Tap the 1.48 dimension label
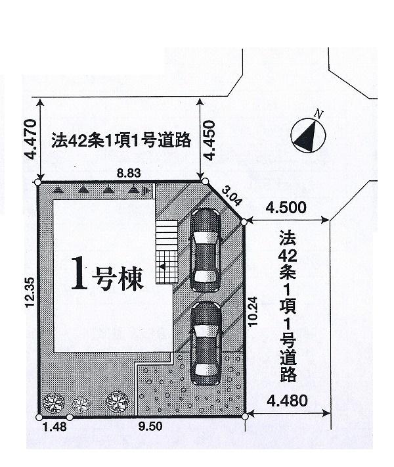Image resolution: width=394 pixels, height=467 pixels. [x=52, y=428]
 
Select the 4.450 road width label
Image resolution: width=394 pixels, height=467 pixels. [x=209, y=139]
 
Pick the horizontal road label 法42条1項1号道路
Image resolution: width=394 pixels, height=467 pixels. [x=121, y=139]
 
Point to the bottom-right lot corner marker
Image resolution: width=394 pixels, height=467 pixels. [x=246, y=416]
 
